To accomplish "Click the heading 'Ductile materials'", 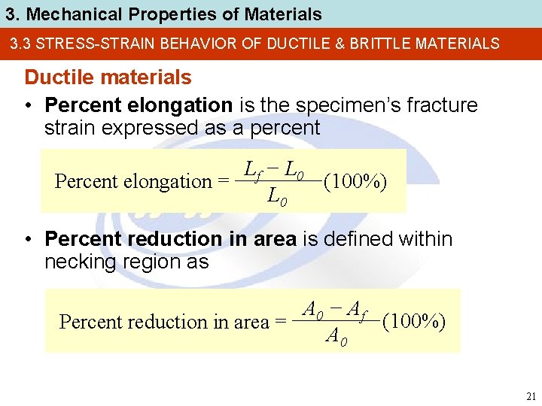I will point(108,77).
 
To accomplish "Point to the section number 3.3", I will point(21,44).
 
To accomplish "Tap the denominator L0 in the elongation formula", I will point(276,197).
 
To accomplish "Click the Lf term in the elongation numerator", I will point(252,171).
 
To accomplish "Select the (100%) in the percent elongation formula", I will point(355,181).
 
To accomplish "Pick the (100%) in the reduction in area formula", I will point(414,322).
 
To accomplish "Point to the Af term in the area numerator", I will point(358,308).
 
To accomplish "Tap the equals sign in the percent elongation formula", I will point(223,181).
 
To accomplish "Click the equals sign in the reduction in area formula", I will point(280,323).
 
